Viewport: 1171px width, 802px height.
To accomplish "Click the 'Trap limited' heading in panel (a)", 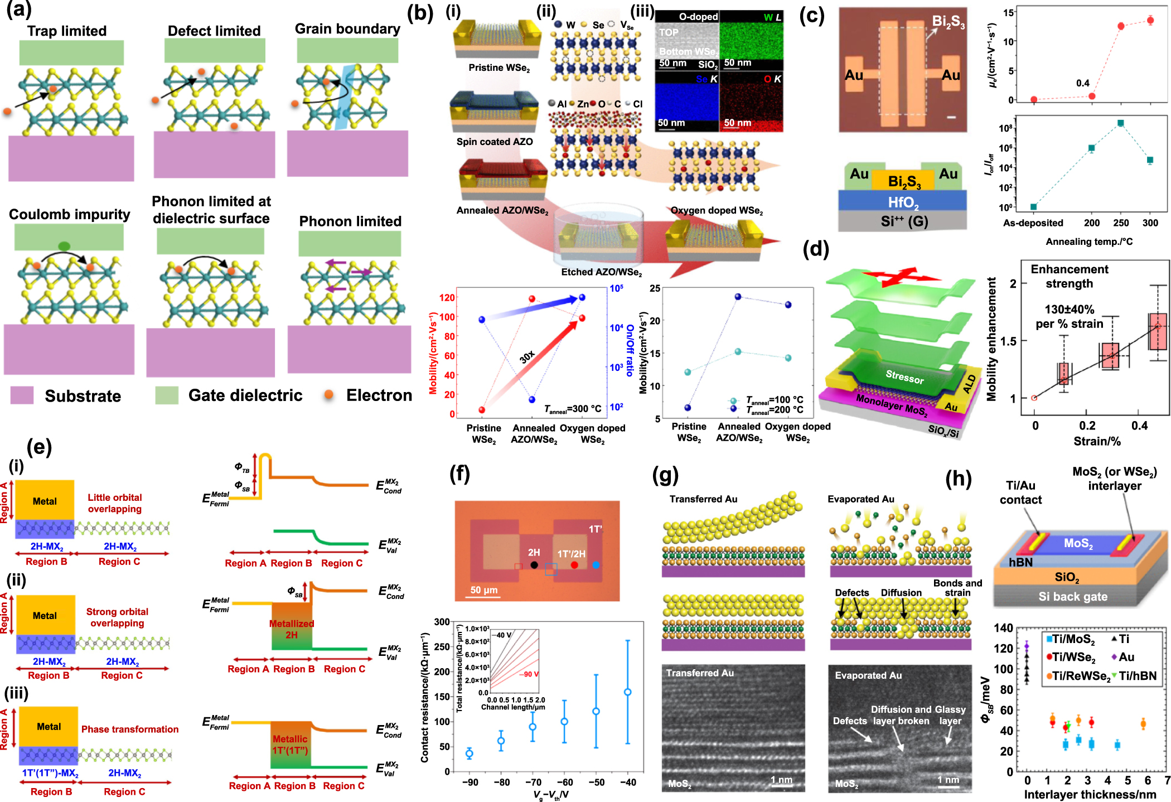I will [x=67, y=31].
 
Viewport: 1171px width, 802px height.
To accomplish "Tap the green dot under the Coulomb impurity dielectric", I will [x=64, y=245].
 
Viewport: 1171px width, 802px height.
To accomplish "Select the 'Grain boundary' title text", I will [x=347, y=28].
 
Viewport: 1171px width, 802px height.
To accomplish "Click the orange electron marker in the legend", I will [x=329, y=395].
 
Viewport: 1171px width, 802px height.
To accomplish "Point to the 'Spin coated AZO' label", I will [x=495, y=142].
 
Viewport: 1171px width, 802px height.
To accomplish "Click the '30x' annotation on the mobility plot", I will [x=527, y=357].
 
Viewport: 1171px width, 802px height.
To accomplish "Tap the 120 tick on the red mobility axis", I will [x=447, y=297].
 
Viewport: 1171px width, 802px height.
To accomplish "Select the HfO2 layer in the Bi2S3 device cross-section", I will [x=903, y=202].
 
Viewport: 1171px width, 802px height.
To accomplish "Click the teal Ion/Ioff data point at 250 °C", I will [x=1121, y=123].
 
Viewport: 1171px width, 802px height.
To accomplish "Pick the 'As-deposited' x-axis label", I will [x=1033, y=223].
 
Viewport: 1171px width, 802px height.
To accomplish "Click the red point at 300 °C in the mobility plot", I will [x=1150, y=21].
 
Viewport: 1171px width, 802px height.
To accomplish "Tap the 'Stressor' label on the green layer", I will [x=904, y=378].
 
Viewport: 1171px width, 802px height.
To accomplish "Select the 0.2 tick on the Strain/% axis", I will [x=1087, y=426].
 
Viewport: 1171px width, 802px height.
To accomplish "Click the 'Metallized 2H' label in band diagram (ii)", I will [x=292, y=629].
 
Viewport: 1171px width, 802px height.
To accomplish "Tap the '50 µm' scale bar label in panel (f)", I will [x=483, y=590].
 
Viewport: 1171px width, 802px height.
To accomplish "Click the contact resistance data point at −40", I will [x=628, y=692].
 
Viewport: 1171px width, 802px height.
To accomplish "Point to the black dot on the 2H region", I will [x=534, y=565].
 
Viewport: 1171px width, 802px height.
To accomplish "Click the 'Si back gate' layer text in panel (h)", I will [x=1072, y=597].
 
